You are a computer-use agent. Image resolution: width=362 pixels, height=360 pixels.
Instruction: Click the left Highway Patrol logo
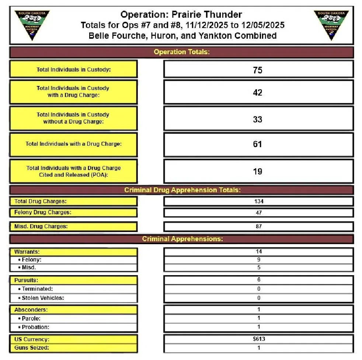(32, 24)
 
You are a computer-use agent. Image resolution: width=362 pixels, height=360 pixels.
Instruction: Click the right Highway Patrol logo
(331, 24)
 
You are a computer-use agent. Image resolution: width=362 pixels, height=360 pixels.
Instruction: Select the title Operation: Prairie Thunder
(181, 15)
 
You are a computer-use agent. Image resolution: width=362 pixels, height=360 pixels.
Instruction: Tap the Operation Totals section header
(181, 52)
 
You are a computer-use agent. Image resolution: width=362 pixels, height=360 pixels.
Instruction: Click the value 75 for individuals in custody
(258, 70)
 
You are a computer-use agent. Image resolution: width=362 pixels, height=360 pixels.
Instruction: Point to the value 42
(258, 93)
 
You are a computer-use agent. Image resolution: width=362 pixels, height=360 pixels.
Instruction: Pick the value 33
(258, 119)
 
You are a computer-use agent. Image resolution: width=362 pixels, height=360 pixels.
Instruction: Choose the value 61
(258, 144)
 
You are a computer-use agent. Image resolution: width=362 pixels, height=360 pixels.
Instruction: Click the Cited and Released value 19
(258, 171)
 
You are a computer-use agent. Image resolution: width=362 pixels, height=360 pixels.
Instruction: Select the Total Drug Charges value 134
(258, 201)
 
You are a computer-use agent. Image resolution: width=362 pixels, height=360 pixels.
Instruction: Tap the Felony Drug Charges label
(43, 212)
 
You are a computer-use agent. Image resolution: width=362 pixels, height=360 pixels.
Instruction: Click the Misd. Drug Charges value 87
(258, 226)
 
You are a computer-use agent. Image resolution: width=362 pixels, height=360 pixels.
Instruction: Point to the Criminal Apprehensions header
(182, 239)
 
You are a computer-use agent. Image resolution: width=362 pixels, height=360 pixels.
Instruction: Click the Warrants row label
(27, 252)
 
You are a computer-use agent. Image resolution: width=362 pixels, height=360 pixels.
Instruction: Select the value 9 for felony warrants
(258, 260)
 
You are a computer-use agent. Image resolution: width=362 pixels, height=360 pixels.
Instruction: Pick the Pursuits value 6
(258, 280)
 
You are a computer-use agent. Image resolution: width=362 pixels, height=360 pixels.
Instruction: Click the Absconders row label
(31, 309)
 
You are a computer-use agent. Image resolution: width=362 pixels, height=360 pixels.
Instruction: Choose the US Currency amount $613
(258, 339)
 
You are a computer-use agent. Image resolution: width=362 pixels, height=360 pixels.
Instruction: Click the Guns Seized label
(32, 348)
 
